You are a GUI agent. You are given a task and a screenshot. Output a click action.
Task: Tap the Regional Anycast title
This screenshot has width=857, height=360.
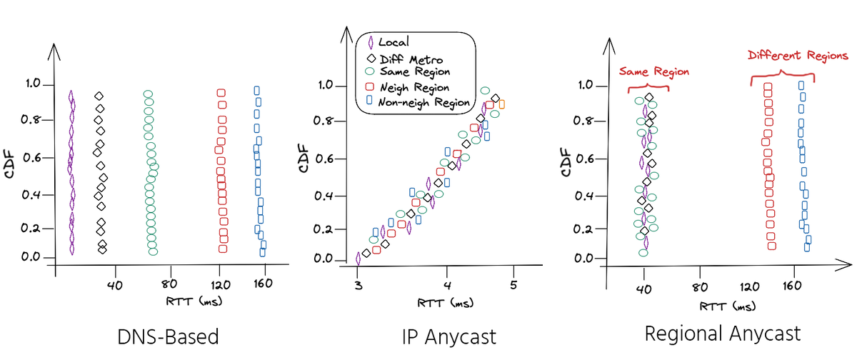pyautogui.click(x=723, y=334)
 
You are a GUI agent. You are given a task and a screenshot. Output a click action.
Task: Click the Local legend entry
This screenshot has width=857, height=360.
pyautogui.click(x=394, y=44)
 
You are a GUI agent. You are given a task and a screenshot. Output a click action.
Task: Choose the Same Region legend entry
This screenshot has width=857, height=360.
pyautogui.click(x=415, y=71)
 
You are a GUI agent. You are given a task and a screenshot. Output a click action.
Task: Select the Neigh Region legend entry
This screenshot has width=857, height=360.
pyautogui.click(x=415, y=87)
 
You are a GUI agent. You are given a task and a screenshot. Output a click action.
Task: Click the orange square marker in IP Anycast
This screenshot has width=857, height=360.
pyautogui.click(x=502, y=104)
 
